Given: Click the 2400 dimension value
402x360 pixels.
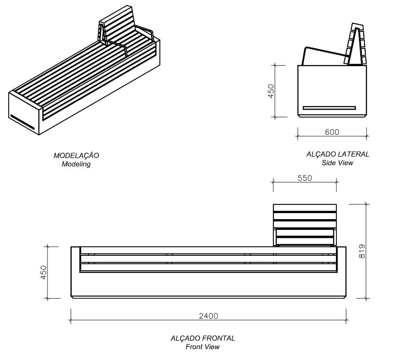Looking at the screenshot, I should coord(208,316).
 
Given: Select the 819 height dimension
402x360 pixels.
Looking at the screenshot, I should coord(362,251).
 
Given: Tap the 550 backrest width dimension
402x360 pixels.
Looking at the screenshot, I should coord(304,178).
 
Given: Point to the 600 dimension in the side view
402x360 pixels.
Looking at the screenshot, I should coord(332,132).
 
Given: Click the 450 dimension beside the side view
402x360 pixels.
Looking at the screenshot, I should coord(271,91).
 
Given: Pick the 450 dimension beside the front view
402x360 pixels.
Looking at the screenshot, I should coord(43,272).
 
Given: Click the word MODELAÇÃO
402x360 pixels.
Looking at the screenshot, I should coord(76,156).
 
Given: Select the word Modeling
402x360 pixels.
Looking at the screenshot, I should coord(76,164).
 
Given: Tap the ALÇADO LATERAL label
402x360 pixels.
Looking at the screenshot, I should coord(338,154).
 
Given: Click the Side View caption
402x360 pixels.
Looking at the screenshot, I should coord(337,163).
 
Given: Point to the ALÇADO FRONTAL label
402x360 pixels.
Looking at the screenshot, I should coord(203,338).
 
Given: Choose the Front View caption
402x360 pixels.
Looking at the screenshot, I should coord(203,347).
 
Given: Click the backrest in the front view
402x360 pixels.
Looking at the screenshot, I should coord(305,224).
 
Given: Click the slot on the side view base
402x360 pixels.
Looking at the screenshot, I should coord(329,108).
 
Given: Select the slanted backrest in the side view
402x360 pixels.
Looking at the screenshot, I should coord(355,43).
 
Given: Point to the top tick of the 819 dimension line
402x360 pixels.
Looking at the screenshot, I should coord(366,204).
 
